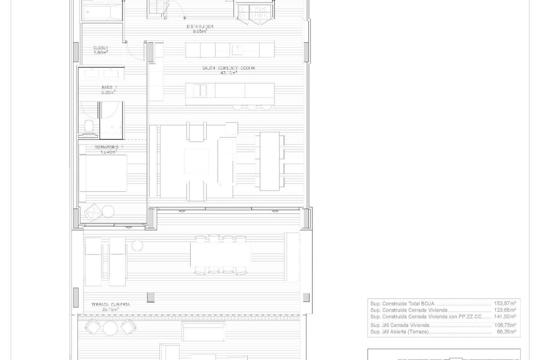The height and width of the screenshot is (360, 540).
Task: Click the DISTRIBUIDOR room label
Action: point(200,27)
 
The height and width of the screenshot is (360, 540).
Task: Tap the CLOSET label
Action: point(101,47)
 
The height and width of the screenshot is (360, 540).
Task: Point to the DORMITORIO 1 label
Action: point(109,147)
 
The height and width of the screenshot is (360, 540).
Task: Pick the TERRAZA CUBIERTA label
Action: point(110,305)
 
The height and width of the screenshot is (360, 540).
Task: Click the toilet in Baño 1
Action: point(89,127)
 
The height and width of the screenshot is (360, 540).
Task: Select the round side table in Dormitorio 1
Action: point(108,211)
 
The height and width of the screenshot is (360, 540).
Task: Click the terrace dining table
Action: point(220,255)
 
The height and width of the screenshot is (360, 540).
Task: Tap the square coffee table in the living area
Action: point(196,161)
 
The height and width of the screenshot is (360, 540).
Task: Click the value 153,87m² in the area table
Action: point(506,303)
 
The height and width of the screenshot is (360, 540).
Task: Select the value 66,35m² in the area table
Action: point(507,332)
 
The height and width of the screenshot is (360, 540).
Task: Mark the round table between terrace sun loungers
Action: point(137,246)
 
